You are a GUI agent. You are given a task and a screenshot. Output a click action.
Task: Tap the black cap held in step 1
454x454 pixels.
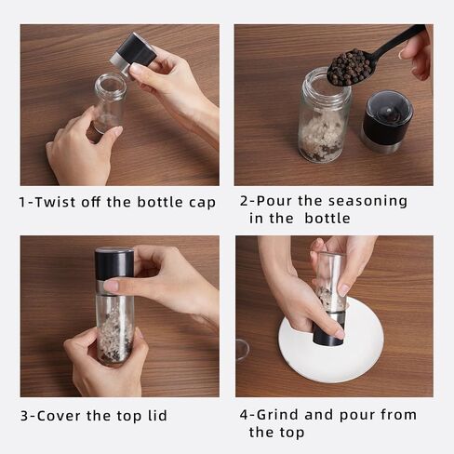(134, 53)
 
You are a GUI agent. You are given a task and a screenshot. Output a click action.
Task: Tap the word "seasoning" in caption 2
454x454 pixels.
(367, 201)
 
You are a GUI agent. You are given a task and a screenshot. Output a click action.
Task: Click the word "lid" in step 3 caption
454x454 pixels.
(157, 415)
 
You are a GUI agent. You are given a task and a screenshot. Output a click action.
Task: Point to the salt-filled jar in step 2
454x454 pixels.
(324, 115)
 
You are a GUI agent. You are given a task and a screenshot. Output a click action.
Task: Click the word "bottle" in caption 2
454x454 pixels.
(327, 219)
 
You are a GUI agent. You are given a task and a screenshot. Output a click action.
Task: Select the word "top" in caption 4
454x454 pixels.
(291, 433)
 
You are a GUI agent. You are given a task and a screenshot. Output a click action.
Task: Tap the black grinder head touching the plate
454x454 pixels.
(328, 333)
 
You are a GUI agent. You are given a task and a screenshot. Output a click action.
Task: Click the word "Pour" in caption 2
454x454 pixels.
(274, 201)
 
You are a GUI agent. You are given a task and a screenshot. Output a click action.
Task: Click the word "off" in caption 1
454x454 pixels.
(91, 202)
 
